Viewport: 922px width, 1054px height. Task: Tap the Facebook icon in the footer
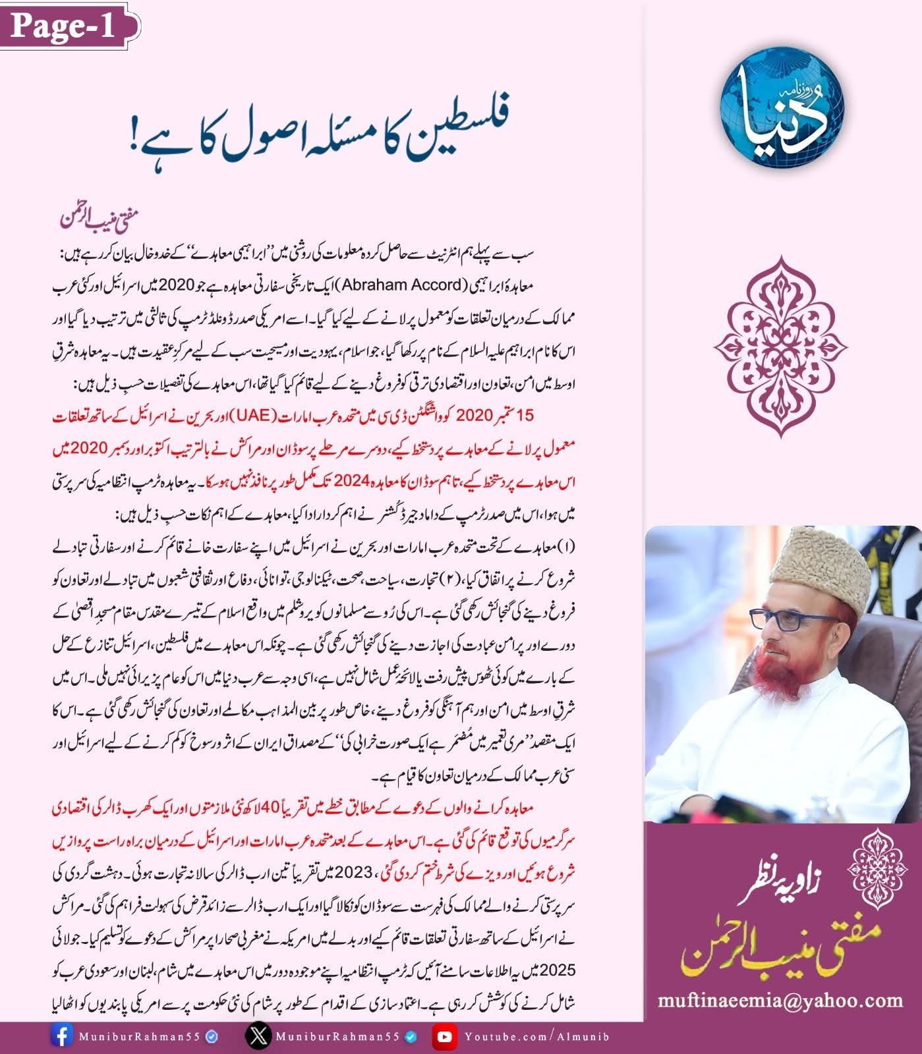pos(61,1036)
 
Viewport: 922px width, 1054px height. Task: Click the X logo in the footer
pos(257,1036)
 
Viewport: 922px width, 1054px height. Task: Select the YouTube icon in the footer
pos(445,1036)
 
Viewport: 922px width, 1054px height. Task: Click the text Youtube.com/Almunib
pos(536,1036)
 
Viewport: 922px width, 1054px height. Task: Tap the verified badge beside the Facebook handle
pos(212,1036)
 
